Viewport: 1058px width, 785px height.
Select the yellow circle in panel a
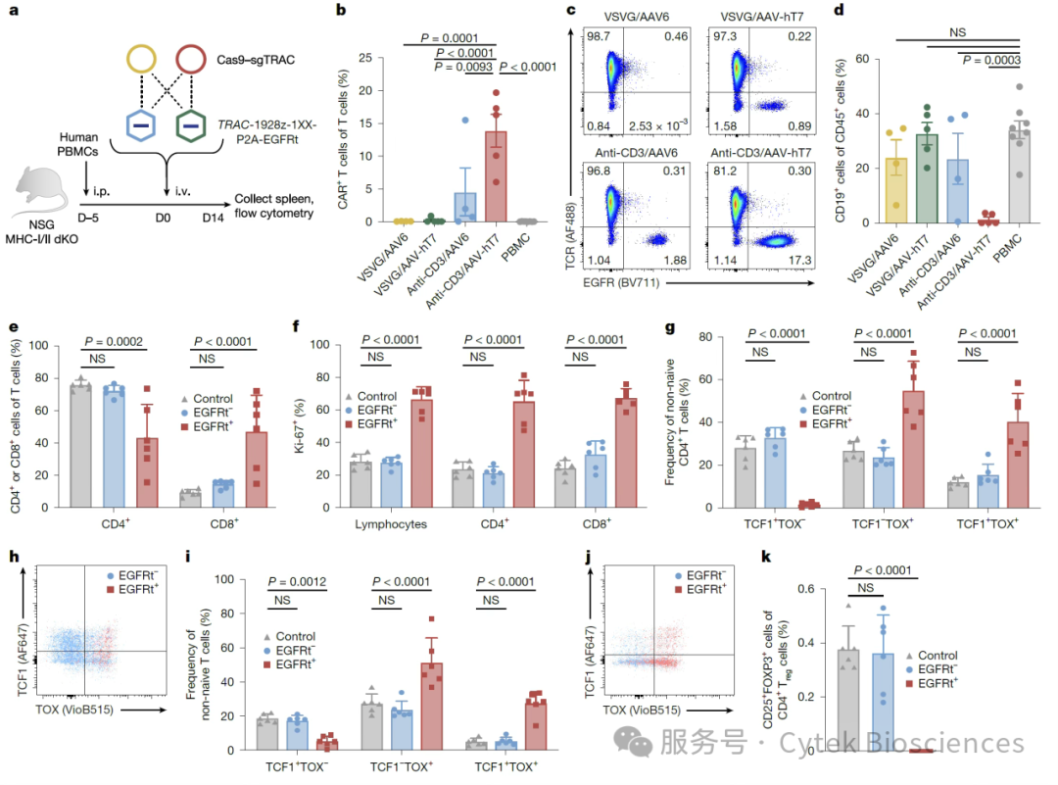tap(142, 59)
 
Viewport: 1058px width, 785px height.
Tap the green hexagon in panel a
tap(191, 125)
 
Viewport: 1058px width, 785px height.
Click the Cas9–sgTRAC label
tap(256, 60)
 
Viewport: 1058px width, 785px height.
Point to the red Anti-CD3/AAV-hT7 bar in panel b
tap(496, 176)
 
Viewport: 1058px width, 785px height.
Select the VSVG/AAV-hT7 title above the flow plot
tap(762, 17)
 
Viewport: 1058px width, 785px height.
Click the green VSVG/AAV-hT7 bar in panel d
tap(927, 178)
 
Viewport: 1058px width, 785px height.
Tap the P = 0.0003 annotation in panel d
tap(991, 60)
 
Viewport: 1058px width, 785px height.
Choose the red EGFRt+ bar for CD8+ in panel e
tap(257, 469)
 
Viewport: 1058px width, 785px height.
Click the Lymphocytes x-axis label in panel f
tap(391, 523)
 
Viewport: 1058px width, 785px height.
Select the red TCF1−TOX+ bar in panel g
tap(914, 449)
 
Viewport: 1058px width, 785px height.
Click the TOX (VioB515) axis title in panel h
tap(74, 710)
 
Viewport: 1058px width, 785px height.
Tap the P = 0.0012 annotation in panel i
tap(297, 582)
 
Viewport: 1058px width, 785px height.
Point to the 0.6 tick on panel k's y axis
tap(806, 589)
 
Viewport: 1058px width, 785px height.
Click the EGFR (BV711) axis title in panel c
tap(621, 283)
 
